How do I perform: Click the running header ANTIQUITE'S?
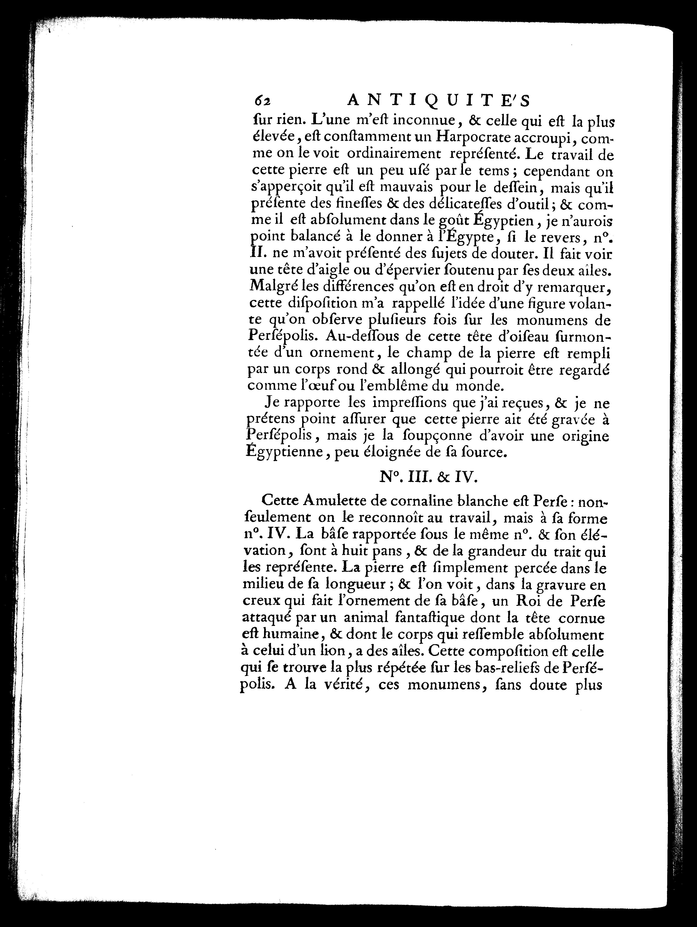pos(439,101)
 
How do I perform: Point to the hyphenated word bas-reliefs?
pos(511,667)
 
